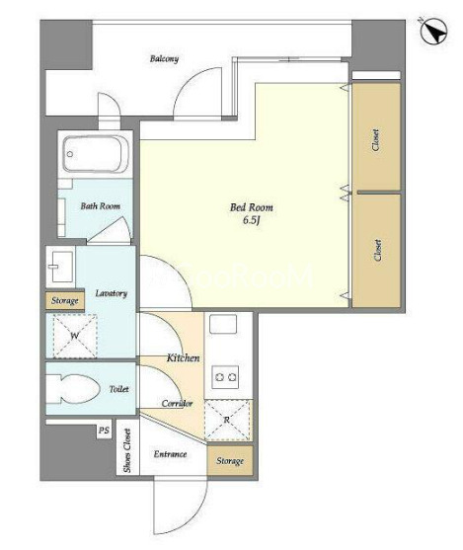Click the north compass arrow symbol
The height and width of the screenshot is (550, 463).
(434, 32)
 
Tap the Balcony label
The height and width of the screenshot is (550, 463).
(164, 58)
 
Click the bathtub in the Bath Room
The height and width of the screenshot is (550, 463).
(96, 154)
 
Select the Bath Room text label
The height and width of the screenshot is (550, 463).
(101, 206)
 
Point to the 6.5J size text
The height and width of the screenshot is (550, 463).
(251, 220)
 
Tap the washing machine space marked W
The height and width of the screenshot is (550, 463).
(75, 336)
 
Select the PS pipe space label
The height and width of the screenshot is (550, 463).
(104, 431)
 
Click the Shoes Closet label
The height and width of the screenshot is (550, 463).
(127, 450)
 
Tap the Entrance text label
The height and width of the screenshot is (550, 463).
(170, 454)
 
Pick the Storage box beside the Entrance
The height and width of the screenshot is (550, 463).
(230, 460)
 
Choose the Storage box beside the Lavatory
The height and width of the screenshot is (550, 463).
(65, 300)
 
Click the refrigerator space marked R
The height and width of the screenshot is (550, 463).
(227, 420)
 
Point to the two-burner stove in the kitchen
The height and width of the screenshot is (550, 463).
(225, 377)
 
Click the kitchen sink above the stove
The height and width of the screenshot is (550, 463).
(223, 324)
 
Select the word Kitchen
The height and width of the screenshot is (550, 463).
(183, 357)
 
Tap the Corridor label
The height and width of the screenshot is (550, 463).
(177, 404)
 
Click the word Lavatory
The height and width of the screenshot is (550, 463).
(112, 293)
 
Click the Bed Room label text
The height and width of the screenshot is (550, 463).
(251, 207)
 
